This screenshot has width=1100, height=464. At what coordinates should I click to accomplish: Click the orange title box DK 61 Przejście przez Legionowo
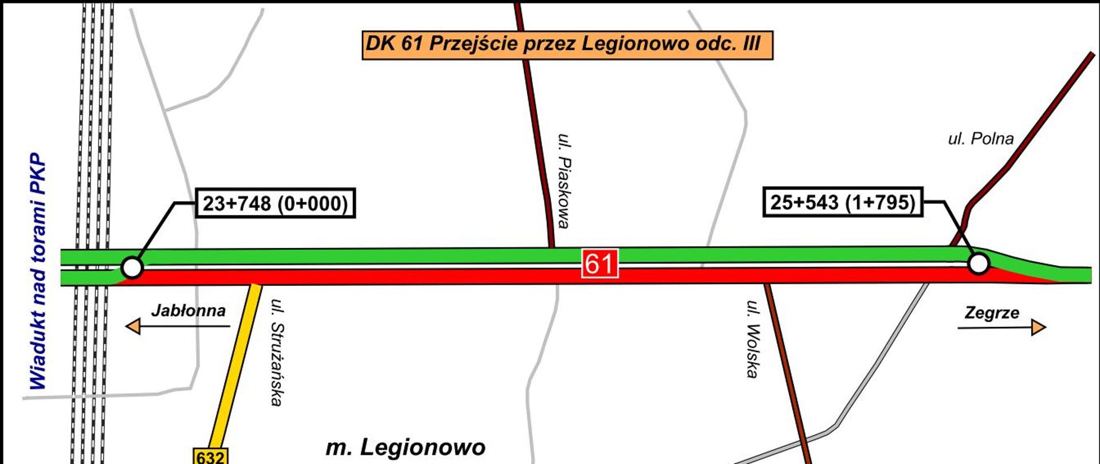[x=567, y=45]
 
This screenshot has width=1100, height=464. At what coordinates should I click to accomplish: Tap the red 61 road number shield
[x=600, y=264]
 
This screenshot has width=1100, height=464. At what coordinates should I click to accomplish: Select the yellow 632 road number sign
[x=210, y=457]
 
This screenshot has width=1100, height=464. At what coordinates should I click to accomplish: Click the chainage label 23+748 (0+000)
[x=276, y=203]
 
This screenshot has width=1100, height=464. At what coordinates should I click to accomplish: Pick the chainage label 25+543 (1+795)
[x=843, y=202]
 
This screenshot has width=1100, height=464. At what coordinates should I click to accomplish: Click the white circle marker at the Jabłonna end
[x=132, y=268]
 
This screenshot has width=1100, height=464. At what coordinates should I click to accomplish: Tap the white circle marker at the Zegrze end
[x=979, y=264]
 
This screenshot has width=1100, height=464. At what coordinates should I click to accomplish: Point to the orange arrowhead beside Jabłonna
[x=133, y=327]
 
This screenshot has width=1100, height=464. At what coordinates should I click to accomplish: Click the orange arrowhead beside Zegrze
[x=1038, y=328]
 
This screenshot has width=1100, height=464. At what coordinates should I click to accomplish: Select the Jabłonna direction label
[x=188, y=311]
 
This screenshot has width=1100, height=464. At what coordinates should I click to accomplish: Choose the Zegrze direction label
[x=992, y=313]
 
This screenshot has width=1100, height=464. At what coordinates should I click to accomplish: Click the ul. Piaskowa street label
[x=564, y=181]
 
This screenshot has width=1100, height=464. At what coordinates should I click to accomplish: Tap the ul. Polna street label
[x=980, y=139]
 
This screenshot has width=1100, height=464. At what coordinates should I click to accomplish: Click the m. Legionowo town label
[x=406, y=447]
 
